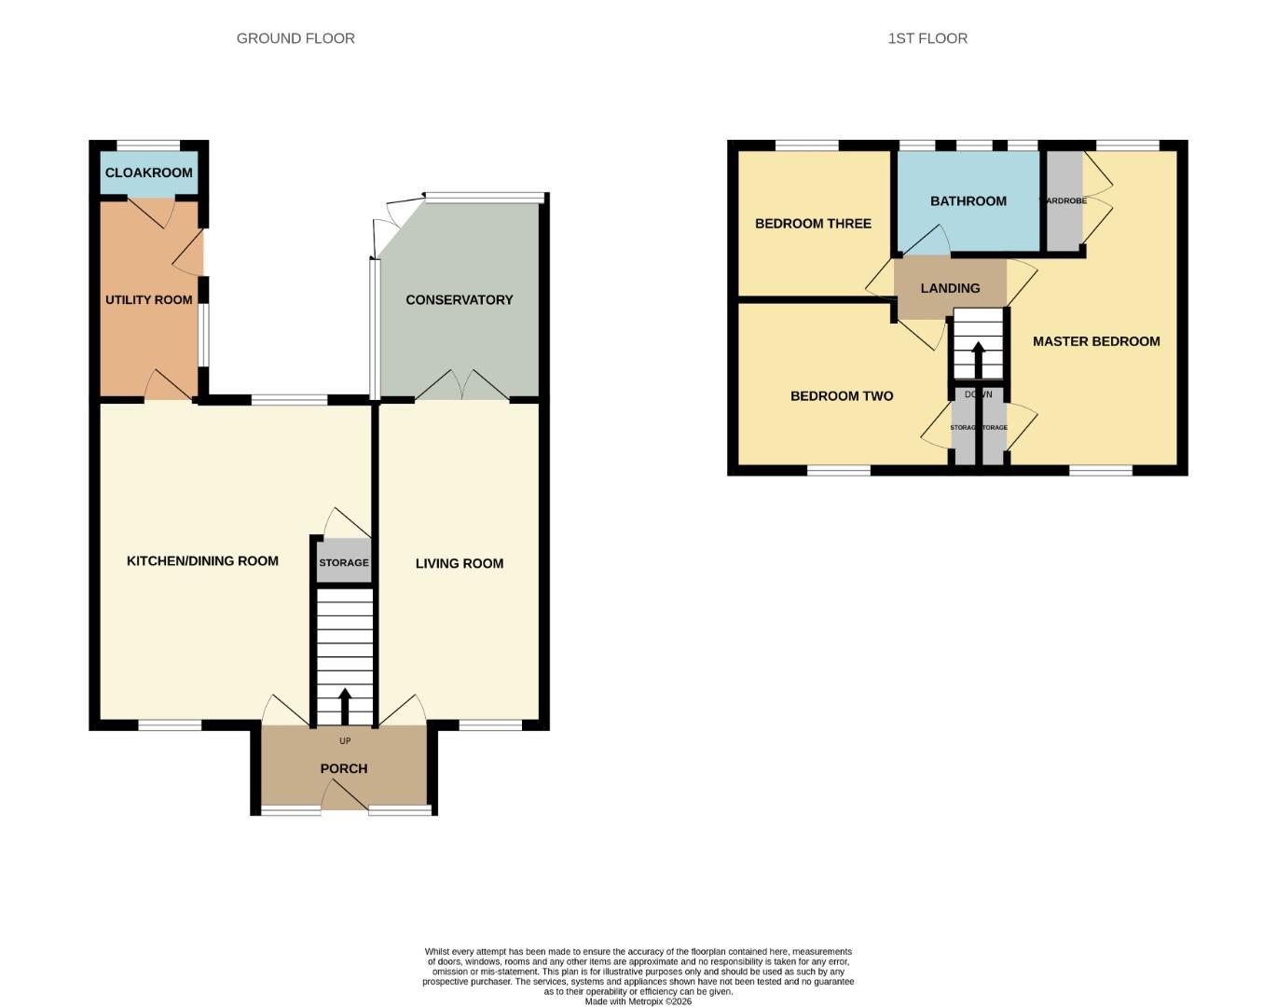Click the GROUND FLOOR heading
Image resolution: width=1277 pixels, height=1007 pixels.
pyautogui.click(x=295, y=38)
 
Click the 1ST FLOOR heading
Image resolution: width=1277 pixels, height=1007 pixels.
pyautogui.click(x=927, y=38)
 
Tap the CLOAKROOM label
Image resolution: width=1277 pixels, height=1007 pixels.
pyautogui.click(x=149, y=172)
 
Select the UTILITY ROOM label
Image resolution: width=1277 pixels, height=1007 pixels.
pyautogui.click(x=149, y=299)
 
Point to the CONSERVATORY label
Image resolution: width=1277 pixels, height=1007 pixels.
pyautogui.click(x=460, y=299)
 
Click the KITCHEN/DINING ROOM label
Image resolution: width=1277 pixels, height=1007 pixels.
pyautogui.click(x=202, y=560)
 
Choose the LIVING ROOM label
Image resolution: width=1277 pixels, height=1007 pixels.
pyautogui.click(x=460, y=563)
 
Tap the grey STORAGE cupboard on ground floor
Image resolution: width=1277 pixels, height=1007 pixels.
pyautogui.click(x=344, y=563)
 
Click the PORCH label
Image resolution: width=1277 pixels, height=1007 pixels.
pyautogui.click(x=344, y=768)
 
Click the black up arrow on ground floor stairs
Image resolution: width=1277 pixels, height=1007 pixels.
pyautogui.click(x=345, y=706)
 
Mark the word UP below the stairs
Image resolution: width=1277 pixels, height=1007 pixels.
pyautogui.click(x=345, y=741)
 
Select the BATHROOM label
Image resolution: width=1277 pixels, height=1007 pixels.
pyautogui.click(x=968, y=200)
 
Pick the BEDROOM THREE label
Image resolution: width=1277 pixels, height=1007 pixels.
pyautogui.click(x=813, y=224)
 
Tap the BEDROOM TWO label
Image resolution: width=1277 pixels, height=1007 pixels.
pyautogui.click(x=842, y=396)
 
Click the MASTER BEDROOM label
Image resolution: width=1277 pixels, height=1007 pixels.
pyautogui.click(x=1096, y=341)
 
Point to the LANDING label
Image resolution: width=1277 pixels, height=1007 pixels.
pyautogui.click(x=950, y=288)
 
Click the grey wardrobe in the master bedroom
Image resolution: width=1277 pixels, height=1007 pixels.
pyautogui.click(x=1064, y=201)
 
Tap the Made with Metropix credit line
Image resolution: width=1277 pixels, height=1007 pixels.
pyautogui.click(x=638, y=1001)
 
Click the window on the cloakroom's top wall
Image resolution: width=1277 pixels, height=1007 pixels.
pyautogui.click(x=149, y=145)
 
